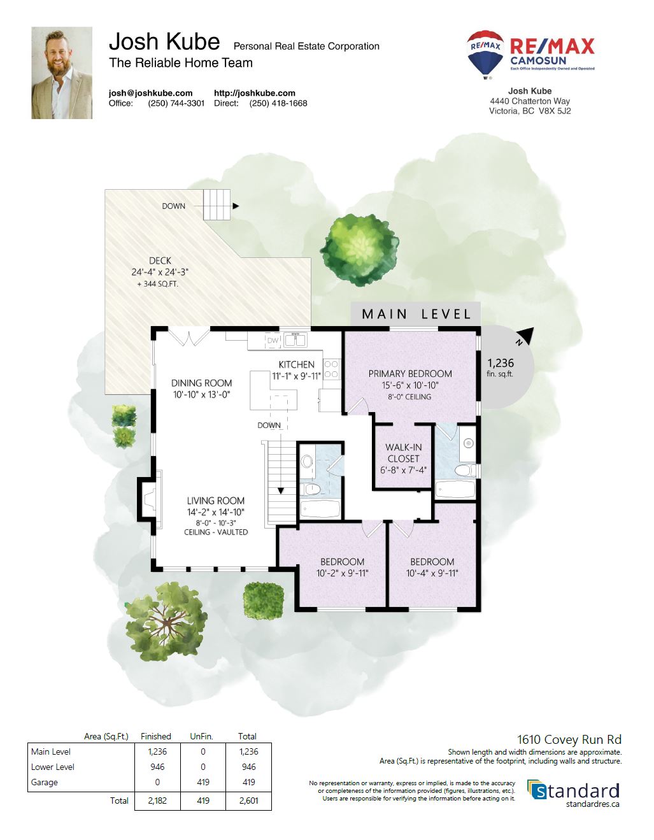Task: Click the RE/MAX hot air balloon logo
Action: pos(485,55)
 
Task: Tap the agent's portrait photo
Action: pos(62,73)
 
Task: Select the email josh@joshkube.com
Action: pos(150,93)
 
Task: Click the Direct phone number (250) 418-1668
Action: pos(278,103)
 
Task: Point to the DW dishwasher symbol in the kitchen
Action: pos(273,341)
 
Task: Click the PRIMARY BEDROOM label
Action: pos(410,374)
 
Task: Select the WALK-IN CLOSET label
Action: pos(403,453)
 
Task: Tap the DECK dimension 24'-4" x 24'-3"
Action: pos(160,272)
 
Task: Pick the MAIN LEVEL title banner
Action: pos(416,314)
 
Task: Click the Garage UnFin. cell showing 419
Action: pos(203,782)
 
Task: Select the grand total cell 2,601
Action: pos(248,801)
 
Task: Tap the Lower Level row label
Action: pos(53,767)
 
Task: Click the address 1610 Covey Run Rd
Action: pos(569,739)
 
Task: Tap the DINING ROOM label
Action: pos(202,383)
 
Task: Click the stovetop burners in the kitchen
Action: pos(331,369)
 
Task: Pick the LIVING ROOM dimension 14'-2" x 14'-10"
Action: pos(216,512)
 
